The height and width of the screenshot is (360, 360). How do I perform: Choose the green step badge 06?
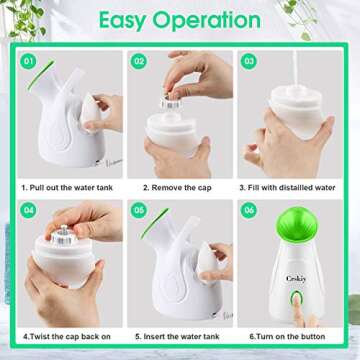coord(250,211)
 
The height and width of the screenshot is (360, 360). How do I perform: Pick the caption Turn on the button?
coord(290,338)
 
